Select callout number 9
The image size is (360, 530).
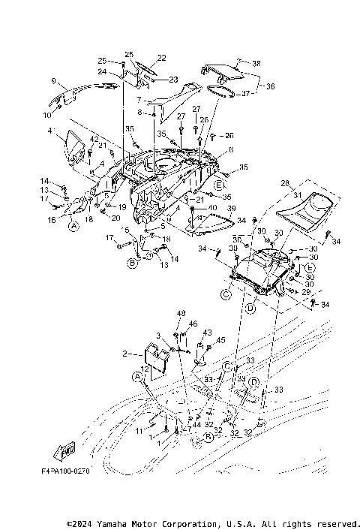pyautogui.click(x=54, y=80)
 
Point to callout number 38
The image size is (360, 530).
pyautogui.click(x=256, y=63)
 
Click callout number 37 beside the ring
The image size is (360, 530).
pyautogui.click(x=246, y=94)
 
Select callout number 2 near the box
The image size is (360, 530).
pyautogui.click(x=124, y=353)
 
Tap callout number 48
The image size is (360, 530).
pyautogui.click(x=181, y=313)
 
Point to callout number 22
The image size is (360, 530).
pyautogui.click(x=161, y=58)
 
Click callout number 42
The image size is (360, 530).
pyautogui.click(x=94, y=140)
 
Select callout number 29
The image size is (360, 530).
pyautogui.click(x=305, y=291)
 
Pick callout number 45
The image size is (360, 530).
pyautogui.click(x=220, y=340)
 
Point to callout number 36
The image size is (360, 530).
pyautogui.click(x=270, y=86)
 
